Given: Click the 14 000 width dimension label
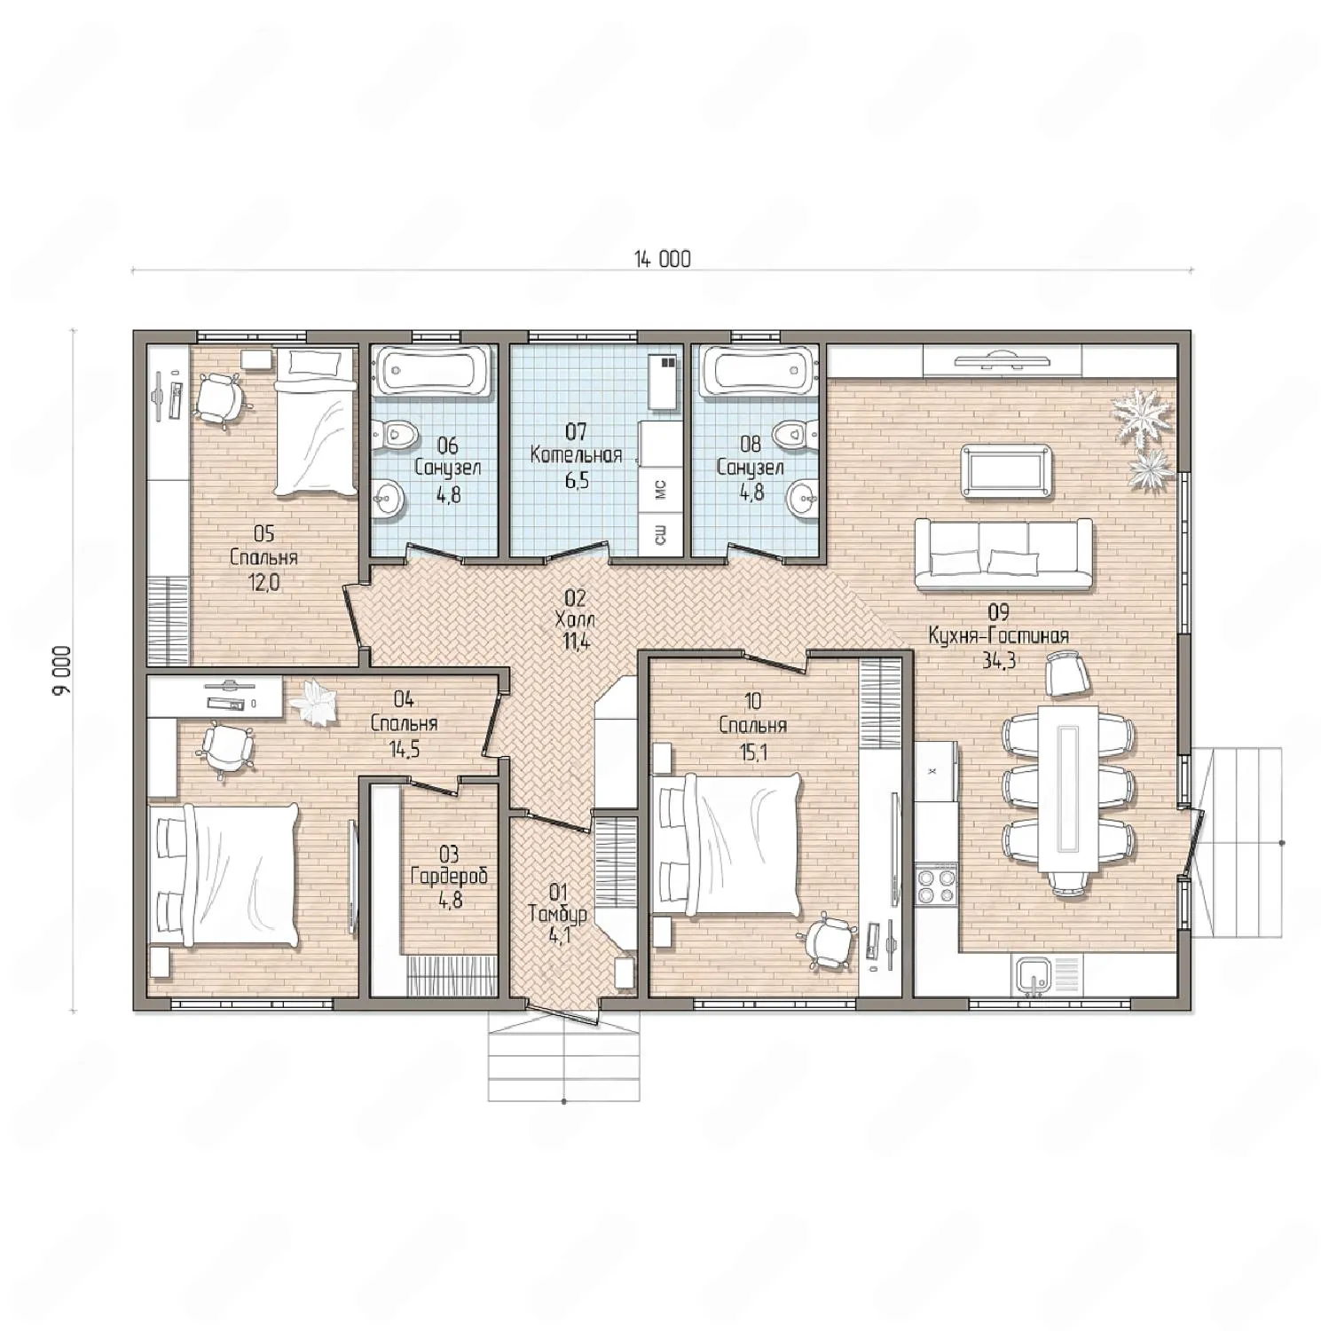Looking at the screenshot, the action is pos(662,259).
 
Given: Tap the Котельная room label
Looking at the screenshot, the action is pos(576,456).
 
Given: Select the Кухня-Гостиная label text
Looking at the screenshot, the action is pos(998,636).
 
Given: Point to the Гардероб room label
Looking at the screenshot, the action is pos(449,878).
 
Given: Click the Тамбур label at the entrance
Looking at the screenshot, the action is pos(557,913).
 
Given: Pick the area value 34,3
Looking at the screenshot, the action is pos(998,660).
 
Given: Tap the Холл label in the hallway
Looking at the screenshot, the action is pos(575,619).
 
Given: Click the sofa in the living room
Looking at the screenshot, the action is pos(1003,555).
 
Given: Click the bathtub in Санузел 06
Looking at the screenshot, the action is pos(430,370).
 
